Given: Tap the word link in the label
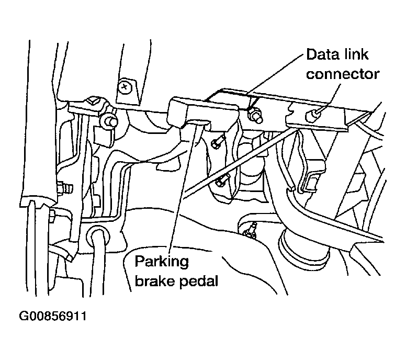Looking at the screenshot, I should click(x=355, y=54).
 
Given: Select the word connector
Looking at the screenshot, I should click(x=342, y=74).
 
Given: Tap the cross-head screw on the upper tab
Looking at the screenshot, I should click(x=124, y=86).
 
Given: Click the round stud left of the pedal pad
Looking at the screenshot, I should click(x=109, y=122).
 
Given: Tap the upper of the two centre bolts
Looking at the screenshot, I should click(x=216, y=141).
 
